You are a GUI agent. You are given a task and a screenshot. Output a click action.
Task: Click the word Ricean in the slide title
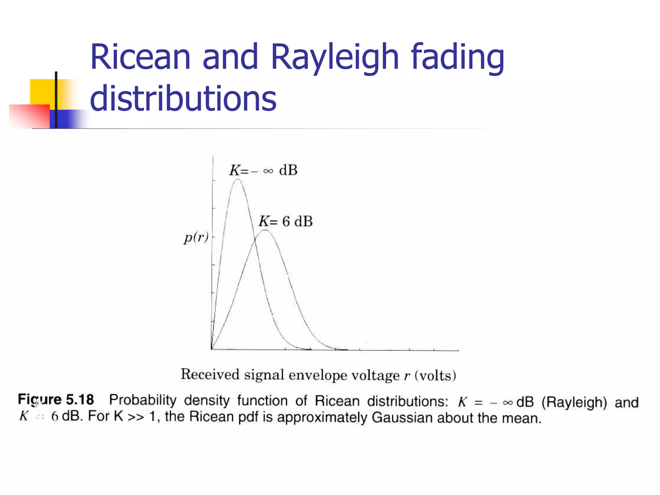141,57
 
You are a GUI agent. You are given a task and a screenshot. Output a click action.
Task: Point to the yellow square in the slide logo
42,92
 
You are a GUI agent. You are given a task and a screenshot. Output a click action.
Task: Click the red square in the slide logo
29,116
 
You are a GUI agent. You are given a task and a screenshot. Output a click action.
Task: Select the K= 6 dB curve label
286,221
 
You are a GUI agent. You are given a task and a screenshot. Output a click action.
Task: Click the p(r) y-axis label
196,238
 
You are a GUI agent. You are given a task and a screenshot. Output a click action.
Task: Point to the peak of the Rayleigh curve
238,179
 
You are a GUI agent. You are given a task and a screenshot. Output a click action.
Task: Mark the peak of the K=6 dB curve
265,230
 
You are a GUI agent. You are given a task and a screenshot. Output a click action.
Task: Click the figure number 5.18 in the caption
80,400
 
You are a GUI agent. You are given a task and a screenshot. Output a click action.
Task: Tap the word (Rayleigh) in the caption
574,402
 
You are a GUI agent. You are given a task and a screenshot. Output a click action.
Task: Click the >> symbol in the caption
135,417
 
